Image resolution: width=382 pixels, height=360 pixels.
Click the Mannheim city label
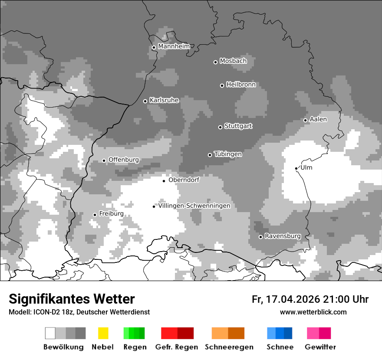(174, 46)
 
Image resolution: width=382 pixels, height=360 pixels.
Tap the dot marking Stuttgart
(220, 127)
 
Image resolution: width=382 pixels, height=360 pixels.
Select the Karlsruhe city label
(164, 100)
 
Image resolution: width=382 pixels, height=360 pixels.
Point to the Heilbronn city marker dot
(222, 85)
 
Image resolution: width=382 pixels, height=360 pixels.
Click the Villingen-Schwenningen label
(194, 206)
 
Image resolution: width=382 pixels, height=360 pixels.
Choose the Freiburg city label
(111, 214)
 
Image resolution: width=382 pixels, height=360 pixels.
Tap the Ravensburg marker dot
(260, 237)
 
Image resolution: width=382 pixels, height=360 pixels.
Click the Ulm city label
(306, 167)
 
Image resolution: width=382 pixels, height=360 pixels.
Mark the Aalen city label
(318, 119)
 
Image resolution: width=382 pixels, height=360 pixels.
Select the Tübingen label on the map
(228, 154)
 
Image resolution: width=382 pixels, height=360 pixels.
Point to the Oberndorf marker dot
(164, 181)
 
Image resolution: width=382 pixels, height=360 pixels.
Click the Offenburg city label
(123, 160)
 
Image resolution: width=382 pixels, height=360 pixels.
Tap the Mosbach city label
(233, 61)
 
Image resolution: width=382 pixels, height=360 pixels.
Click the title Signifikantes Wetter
(72, 299)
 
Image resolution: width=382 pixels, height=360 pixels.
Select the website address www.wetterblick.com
(313, 312)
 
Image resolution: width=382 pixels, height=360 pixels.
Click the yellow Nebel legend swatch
(103, 333)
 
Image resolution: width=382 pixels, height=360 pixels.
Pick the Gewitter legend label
(320, 347)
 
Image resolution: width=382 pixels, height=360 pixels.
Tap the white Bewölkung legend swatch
(50, 333)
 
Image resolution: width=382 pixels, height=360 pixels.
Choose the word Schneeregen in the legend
(229, 347)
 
